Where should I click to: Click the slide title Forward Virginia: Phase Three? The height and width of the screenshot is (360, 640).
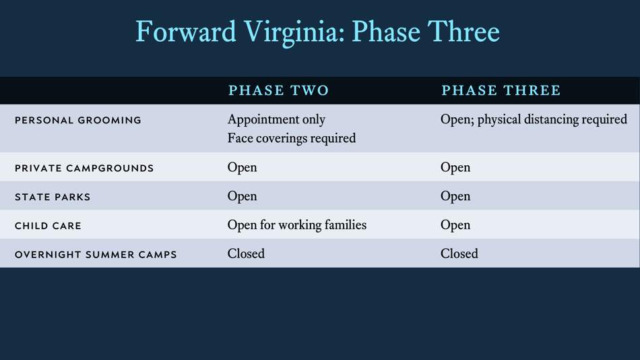click(317, 32)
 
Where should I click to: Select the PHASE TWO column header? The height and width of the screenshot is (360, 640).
click(278, 90)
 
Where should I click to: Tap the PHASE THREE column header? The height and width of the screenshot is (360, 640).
click(501, 90)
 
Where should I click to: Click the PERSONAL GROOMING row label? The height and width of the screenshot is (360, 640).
click(78, 121)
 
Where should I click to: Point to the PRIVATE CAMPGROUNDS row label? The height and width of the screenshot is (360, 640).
click(84, 168)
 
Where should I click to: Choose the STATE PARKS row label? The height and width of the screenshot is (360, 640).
click(53, 197)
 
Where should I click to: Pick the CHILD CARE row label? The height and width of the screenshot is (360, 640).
click(48, 226)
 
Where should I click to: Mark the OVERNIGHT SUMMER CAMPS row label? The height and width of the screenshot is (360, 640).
click(96, 255)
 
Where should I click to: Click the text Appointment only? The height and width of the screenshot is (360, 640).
click(276, 120)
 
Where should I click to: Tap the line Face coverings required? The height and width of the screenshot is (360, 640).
click(291, 138)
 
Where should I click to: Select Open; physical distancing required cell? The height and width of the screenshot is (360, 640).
click(534, 120)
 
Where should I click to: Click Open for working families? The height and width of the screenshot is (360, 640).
click(296, 225)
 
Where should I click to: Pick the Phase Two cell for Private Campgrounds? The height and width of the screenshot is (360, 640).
click(242, 167)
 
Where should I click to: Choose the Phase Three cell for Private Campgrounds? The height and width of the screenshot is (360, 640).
click(455, 167)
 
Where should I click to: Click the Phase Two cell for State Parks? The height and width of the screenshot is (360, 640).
click(242, 196)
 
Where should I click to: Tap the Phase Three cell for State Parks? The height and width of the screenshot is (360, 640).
click(455, 196)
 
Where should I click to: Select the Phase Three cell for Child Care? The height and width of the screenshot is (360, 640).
click(455, 225)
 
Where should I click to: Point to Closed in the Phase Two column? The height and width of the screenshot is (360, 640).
click(246, 254)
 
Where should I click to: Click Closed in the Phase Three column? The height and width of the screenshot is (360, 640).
click(459, 254)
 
